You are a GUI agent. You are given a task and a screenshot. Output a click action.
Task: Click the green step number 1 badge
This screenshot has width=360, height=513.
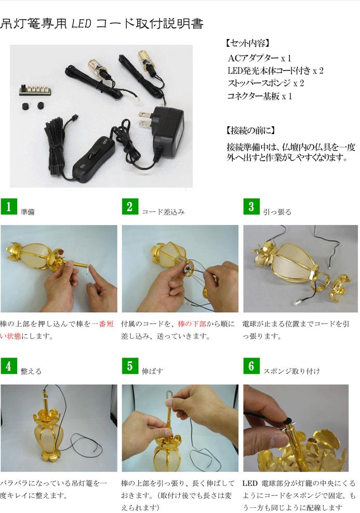click(x=9, y=206)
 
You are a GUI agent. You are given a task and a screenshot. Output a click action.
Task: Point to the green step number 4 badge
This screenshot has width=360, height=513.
click(x=9, y=366)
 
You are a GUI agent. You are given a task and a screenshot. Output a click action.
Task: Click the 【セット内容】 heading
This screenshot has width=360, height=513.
click(x=247, y=43)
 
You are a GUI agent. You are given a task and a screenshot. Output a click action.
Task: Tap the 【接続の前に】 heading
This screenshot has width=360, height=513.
click(x=250, y=130)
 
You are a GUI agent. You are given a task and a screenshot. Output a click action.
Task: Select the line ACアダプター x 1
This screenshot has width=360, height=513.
click(x=259, y=58)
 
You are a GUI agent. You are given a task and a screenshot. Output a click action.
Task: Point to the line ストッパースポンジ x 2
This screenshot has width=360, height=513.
click(x=265, y=83)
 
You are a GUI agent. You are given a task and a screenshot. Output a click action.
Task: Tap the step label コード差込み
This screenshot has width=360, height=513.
click(x=163, y=212)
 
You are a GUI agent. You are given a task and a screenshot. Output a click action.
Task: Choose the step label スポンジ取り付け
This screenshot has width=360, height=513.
click(x=291, y=371)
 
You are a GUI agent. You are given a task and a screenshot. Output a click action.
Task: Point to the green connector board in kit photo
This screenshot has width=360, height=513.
click(x=34, y=89)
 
